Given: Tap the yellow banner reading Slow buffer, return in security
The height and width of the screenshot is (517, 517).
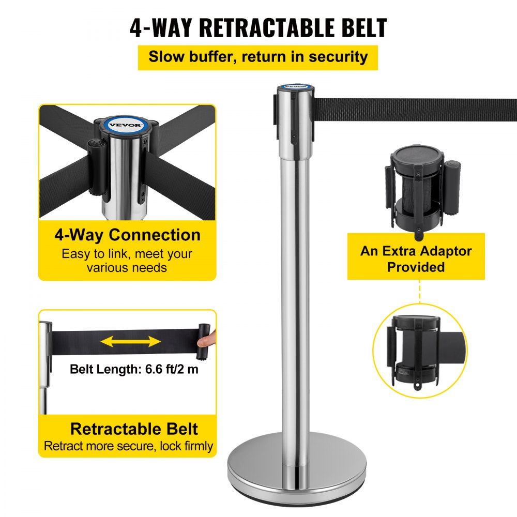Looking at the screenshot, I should [x=258, y=57].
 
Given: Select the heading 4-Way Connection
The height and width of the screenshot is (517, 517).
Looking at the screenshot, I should [x=127, y=235].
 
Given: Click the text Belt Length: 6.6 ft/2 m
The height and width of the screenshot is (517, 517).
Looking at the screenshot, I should [x=134, y=369].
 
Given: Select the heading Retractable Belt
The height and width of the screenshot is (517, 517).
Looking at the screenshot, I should [x=134, y=429].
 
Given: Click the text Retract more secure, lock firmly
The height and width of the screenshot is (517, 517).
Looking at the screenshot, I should [x=128, y=446].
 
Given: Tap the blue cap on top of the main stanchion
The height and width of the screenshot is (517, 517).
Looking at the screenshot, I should [x=292, y=87].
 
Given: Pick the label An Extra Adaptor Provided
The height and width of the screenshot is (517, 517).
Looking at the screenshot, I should [x=416, y=259].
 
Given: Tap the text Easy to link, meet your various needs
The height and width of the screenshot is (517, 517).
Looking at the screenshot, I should [x=127, y=261].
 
